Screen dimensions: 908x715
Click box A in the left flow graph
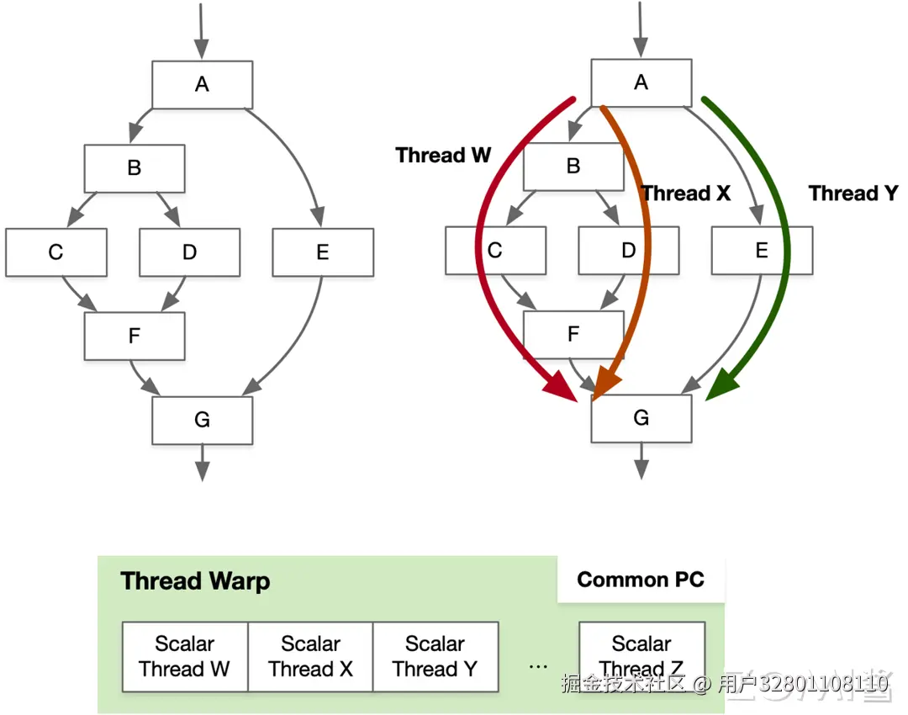[202, 85]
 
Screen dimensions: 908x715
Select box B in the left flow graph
[135, 168]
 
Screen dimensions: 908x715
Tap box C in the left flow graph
[56, 252]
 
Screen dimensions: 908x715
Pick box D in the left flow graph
[189, 252]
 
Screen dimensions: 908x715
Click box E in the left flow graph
[323, 252]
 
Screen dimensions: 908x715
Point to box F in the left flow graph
[135, 336]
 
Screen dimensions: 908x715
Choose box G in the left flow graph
[202, 420]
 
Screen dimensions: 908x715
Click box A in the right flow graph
[641, 83]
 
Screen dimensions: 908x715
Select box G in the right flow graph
[641, 418]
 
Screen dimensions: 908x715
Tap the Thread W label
[443, 156]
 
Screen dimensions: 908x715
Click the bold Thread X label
[686, 193]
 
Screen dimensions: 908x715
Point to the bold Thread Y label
[853, 193]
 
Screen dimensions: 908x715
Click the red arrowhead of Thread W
[561, 385]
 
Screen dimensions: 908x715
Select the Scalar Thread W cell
[185, 656]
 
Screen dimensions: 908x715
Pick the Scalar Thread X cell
[310, 656]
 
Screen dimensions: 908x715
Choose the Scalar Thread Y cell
[436, 656]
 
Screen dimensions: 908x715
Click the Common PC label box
[641, 580]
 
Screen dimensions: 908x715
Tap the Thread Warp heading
[195, 581]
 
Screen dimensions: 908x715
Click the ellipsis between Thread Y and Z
[539, 667]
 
